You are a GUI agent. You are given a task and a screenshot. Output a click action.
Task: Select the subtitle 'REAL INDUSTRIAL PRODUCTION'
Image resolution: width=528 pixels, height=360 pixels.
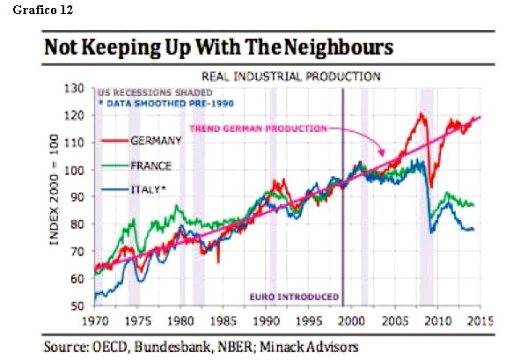coord(291,77)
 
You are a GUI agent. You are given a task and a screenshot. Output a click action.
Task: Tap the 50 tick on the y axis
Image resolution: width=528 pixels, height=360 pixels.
coord(77,305)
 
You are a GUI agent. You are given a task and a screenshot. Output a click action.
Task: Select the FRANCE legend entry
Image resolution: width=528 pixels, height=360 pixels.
coord(151,165)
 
